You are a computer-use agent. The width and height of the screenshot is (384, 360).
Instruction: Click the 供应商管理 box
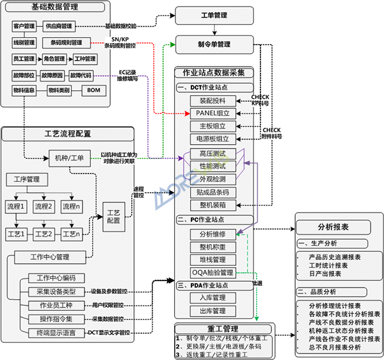(x=58, y=26)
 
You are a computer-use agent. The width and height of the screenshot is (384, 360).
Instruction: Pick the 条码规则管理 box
(x=66, y=43)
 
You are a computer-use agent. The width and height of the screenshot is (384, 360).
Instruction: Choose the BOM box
(x=93, y=90)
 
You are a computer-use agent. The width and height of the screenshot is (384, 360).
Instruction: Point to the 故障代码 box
(x=81, y=75)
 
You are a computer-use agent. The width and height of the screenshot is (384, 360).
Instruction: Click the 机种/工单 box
(x=67, y=157)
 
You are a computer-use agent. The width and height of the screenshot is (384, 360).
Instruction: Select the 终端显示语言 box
(x=57, y=332)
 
